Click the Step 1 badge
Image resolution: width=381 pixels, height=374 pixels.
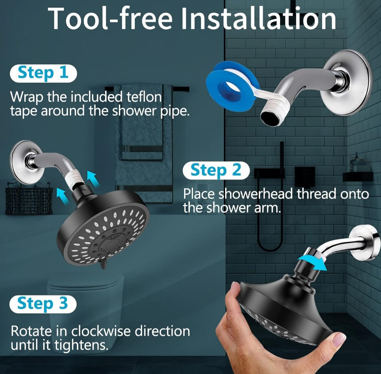pos(43,73)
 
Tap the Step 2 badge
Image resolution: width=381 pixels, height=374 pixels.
pos(216,170)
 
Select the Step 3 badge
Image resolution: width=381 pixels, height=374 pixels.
pos(43,304)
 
